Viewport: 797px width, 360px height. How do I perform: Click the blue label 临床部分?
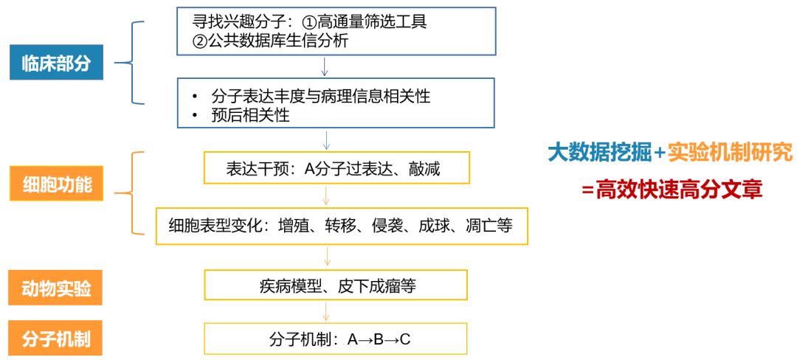[56, 63]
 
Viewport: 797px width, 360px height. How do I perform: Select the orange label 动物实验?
[56, 288]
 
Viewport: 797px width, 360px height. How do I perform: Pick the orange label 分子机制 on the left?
[56, 339]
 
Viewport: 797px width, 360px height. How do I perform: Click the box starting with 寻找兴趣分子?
[336, 31]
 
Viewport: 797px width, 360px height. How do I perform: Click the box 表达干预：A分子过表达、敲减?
[336, 169]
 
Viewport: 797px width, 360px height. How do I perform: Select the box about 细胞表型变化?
[342, 226]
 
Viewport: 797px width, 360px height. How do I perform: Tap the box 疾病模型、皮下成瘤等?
[336, 285]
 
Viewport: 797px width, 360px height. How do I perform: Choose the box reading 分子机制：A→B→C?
[336, 339]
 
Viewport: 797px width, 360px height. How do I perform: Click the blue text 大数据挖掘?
[598, 153]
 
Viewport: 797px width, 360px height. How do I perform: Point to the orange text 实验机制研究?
[730, 153]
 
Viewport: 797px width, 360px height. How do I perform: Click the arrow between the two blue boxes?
[325, 66]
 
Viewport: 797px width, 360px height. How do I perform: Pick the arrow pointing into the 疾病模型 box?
[325, 256]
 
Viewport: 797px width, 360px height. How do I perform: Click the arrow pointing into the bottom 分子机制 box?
[325, 311]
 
